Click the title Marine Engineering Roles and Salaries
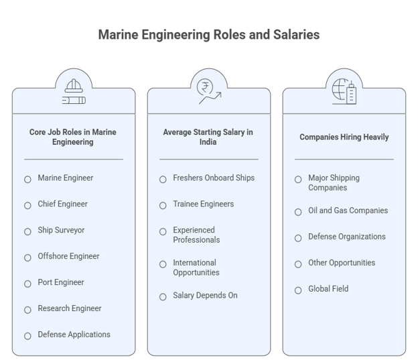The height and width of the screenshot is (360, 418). (209, 35)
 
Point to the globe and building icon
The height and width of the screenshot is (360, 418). (344, 91)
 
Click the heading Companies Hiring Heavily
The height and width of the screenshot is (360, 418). (344, 137)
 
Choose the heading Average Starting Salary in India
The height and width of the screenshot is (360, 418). (208, 137)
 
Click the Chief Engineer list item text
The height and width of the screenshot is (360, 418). (63, 204)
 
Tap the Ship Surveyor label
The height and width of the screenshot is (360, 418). (61, 230)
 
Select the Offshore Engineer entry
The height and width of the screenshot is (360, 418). (68, 256)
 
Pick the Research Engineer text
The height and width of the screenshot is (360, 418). (70, 308)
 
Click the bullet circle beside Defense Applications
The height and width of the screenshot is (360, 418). (27, 336)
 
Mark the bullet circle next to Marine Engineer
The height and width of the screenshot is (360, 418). (27, 180)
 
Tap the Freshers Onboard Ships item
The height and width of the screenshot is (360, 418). (214, 178)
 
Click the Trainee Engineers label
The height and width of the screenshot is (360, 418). (204, 204)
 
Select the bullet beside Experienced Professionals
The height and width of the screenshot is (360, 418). (163, 232)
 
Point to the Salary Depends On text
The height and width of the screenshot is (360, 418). (205, 296)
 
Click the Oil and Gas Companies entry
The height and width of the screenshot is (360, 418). (348, 211)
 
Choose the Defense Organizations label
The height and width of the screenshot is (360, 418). (347, 237)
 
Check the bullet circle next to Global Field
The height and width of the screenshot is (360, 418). (298, 290)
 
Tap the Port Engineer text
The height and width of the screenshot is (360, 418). (61, 282)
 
